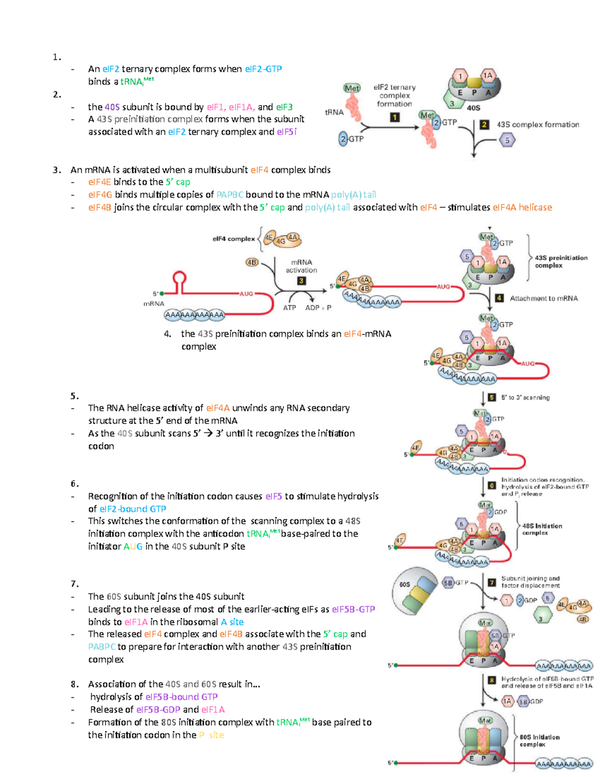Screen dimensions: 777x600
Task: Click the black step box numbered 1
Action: click(394, 117)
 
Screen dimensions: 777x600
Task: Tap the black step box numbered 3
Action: click(301, 281)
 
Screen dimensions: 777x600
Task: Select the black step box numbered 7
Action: click(492, 582)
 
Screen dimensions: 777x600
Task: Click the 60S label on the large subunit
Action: click(404, 584)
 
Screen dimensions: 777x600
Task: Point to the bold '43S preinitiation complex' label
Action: click(560, 261)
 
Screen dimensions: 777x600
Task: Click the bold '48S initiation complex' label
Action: click(541, 529)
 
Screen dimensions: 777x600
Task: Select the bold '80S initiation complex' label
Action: click(539, 740)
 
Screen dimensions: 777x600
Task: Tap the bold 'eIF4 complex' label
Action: click(233, 239)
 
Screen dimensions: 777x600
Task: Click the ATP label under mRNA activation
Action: click(289, 308)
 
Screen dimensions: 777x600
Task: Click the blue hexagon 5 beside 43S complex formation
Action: click(507, 141)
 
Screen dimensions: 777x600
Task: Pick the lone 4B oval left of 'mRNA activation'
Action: click(251, 262)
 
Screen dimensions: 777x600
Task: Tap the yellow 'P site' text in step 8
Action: click(211, 735)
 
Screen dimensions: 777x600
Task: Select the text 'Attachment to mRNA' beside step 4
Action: click(543, 298)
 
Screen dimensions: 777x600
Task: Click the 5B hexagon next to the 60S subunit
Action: click(448, 583)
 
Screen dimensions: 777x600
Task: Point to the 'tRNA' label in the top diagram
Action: click(334, 112)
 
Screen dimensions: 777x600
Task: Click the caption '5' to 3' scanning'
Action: click(525, 397)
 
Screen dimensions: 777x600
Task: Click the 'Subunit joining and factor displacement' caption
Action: click(530, 582)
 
